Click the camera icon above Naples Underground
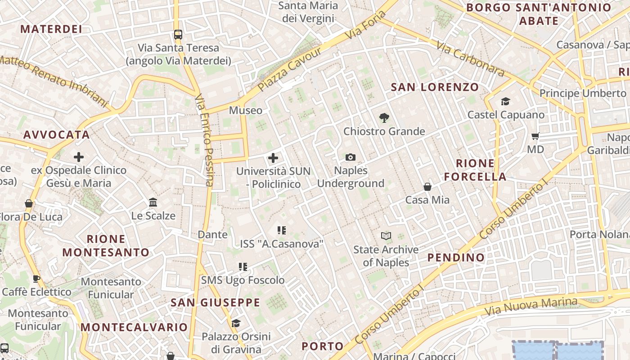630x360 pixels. pos(351,157)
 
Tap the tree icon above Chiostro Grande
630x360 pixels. pos(384,118)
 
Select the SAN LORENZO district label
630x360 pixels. pos(435,87)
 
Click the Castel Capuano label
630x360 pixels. pos(506,115)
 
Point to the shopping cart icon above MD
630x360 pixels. pos(535,136)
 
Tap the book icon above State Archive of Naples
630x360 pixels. pos(386,236)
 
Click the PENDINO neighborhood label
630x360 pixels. pos(456,257)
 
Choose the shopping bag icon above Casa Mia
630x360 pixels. pos(427,186)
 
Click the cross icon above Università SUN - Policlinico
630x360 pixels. pos(273,158)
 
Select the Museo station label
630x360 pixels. pos(246,110)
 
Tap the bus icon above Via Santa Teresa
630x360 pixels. pos(178,34)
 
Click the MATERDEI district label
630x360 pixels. pos(51,29)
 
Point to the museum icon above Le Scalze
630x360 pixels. pos(153,202)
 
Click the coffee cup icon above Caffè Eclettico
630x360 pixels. pos(36,279)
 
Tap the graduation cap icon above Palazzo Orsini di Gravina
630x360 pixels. pos(236,323)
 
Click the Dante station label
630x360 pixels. pos(213,234)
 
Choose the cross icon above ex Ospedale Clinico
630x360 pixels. pos(79,157)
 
